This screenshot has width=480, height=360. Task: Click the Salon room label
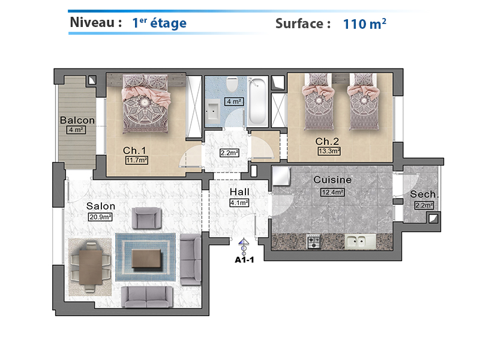(101, 206)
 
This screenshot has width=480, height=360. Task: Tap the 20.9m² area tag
(100, 217)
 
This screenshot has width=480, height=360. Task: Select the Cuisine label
(332, 179)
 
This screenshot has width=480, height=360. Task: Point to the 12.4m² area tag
(332, 192)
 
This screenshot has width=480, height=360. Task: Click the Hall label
(239, 192)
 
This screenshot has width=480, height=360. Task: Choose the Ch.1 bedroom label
(134, 151)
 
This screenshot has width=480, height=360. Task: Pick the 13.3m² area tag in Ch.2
(329, 151)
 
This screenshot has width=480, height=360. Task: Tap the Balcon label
(77, 120)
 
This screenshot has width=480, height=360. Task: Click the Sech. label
(424, 194)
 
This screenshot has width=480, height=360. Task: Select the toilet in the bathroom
(232, 84)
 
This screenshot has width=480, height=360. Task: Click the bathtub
(257, 101)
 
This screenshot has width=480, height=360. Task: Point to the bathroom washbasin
(213, 111)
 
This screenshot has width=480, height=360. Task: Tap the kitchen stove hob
(313, 242)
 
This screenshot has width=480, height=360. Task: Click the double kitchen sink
(360, 241)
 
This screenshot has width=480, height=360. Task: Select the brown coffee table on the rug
(146, 259)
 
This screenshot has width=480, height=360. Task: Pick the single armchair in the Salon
(146, 218)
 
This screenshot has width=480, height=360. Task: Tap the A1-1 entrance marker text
(244, 260)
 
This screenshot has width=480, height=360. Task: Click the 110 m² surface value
(364, 23)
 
